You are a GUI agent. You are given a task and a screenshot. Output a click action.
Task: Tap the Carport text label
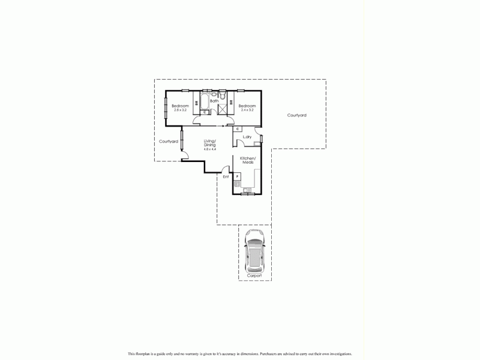pyautogui.click(x=254, y=275)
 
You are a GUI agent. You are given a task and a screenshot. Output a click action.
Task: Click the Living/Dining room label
pyautogui.click(x=210, y=146)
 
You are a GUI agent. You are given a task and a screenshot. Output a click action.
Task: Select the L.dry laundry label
pyautogui.click(x=247, y=137)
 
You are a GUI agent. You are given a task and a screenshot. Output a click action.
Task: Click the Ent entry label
pyautogui.click(x=226, y=177)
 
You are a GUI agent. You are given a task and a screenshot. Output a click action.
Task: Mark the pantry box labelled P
pyautogui.click(x=238, y=176)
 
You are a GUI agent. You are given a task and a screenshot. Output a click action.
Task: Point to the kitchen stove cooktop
pyautogui.click(x=238, y=184)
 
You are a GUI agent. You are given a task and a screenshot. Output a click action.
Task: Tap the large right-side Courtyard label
pyautogui.click(x=296, y=115)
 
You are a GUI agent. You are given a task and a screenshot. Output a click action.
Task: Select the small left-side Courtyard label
pyautogui.click(x=168, y=142)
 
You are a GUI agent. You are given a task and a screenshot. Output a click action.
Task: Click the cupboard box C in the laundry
pyautogui.click(x=238, y=129)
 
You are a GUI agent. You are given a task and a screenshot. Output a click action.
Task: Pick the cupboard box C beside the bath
pyautogui.click(x=205, y=112)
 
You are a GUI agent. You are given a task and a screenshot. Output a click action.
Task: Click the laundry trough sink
pyautogui.click(x=257, y=142)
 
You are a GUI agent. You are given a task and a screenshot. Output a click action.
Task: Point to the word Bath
pyautogui.click(x=214, y=101)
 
